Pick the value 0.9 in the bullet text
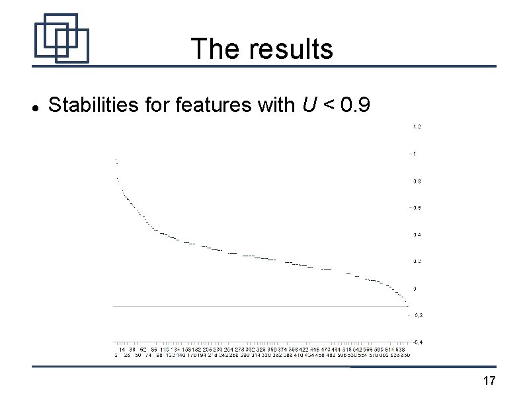pyautogui.click(x=361, y=104)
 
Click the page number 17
pyautogui.click(x=489, y=381)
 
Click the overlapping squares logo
pyautogui.click(x=61, y=38)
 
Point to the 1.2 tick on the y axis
pyautogui.click(x=417, y=126)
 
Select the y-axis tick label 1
pyautogui.click(x=415, y=154)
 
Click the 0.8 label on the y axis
pyautogui.click(x=417, y=181)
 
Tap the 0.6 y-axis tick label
pyautogui.click(x=417, y=208)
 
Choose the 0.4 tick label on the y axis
pyautogui.click(x=417, y=234)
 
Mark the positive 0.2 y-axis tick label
pyautogui.click(x=417, y=262)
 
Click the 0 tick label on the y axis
pyautogui.click(x=415, y=289)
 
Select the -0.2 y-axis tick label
pyautogui.click(x=418, y=315)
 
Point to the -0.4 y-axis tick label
pyautogui.click(x=418, y=342)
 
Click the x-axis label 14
pyautogui.click(x=122, y=350)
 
